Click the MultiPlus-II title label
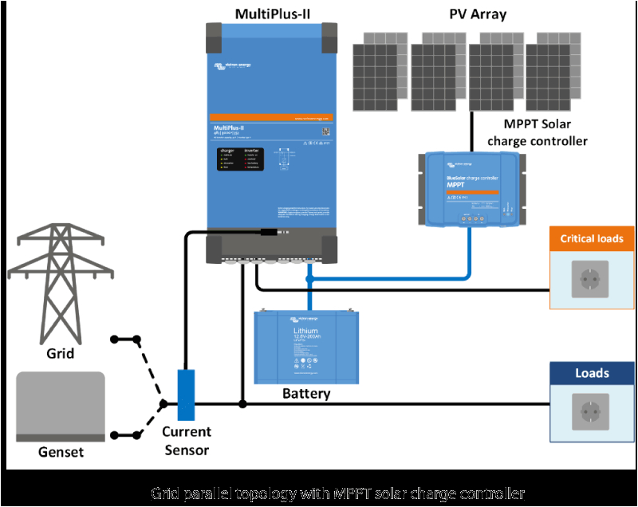[272, 14]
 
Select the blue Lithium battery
[306, 347]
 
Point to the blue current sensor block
[186, 395]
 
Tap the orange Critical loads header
[593, 238]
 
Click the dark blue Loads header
[593, 373]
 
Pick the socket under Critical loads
[589, 279]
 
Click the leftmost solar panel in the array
[380, 72]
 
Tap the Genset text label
[61, 453]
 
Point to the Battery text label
[306, 394]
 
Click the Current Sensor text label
[186, 441]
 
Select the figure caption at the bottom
[319, 493]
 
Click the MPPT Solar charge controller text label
[545, 132]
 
